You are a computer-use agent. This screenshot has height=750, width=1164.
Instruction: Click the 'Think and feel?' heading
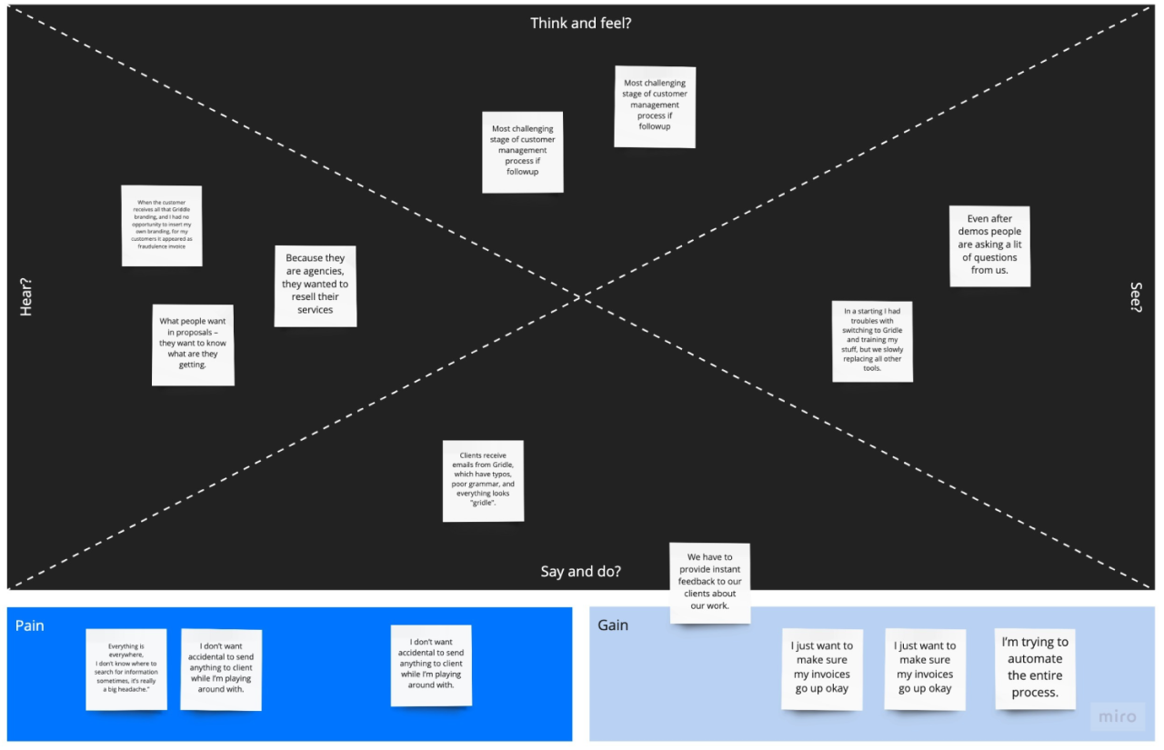[580, 24]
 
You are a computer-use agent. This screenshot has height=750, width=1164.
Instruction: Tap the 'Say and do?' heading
[580, 572]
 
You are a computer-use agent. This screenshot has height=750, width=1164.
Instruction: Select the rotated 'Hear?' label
[26, 297]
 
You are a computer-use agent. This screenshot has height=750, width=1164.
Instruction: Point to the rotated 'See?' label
[1136, 297]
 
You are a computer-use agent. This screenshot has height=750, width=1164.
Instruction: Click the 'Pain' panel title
[29, 625]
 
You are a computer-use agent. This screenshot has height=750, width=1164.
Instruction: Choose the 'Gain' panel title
[612, 625]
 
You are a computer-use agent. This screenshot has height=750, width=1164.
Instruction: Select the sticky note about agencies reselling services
[315, 285]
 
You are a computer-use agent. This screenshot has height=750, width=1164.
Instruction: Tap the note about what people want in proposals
[193, 345]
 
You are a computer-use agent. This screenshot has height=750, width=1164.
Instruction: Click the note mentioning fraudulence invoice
[162, 225]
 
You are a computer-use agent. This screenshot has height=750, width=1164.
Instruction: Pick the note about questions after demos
[989, 245]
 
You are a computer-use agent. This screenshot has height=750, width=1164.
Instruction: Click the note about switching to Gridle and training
[872, 342]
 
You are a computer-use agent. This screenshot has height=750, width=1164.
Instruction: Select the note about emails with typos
[483, 481]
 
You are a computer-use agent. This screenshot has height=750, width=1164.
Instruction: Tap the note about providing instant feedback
[709, 583]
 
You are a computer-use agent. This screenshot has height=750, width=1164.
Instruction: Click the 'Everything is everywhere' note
[126, 669]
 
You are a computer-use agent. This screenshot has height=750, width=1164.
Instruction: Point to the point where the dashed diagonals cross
[581, 296]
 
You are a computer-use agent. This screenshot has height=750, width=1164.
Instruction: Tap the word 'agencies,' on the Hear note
[315, 272]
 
